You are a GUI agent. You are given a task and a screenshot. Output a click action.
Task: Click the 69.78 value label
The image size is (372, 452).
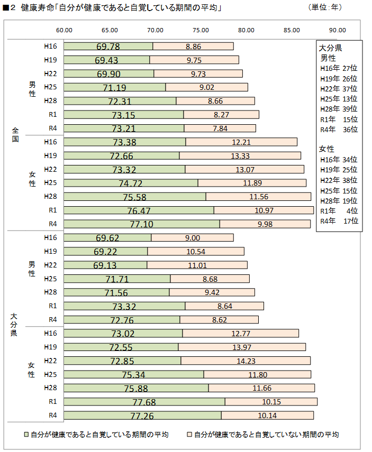click(x=108, y=47)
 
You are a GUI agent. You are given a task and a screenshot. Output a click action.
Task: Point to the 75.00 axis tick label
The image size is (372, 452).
click(x=201, y=30)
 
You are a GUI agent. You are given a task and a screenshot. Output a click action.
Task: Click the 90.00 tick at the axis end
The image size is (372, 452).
click(x=337, y=30)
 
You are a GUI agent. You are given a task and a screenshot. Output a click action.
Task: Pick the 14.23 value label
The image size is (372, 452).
click(x=246, y=361)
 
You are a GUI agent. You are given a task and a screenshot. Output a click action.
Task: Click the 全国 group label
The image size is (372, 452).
click(x=16, y=135)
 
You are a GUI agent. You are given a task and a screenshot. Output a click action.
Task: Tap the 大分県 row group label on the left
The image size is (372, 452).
click(x=16, y=326)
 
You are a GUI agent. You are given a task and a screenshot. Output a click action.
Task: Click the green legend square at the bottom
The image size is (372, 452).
click(x=26, y=435)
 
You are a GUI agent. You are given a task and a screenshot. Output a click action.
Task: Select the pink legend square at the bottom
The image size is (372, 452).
click(x=189, y=435)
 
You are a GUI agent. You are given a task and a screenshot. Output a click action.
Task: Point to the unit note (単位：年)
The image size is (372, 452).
click(x=325, y=8)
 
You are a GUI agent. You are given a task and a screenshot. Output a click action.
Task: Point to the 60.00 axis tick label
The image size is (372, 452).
click(x=64, y=30)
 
